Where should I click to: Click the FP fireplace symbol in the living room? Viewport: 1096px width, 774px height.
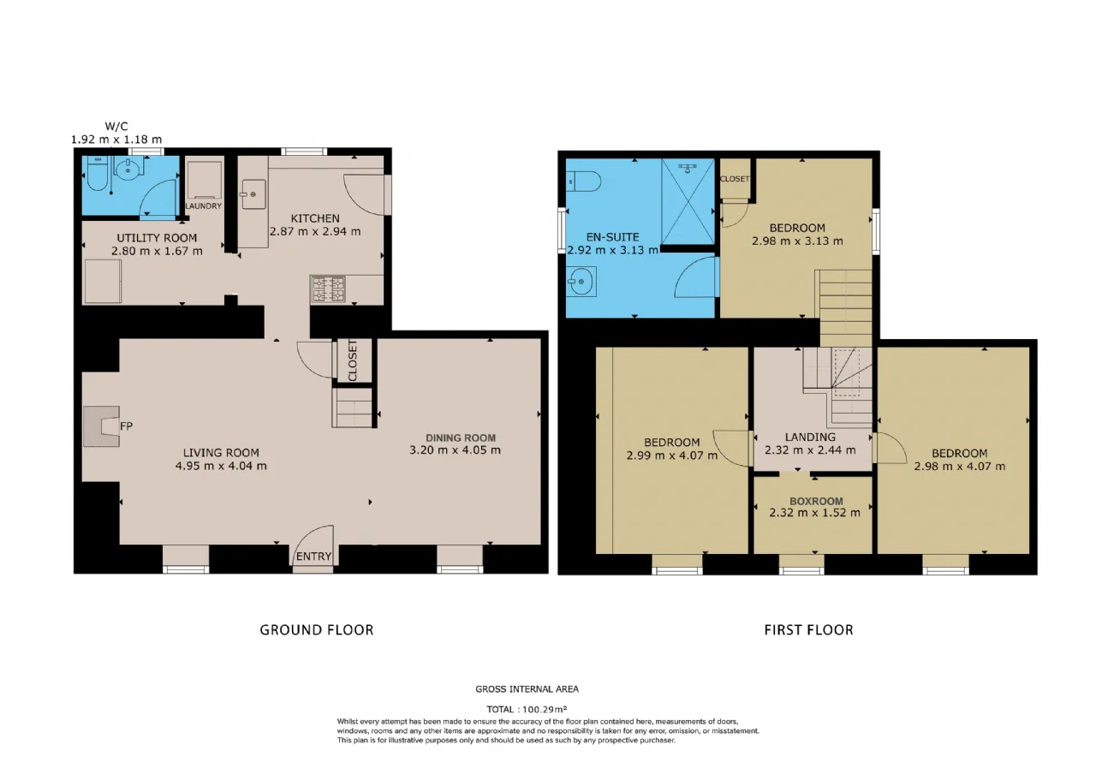click(101, 426)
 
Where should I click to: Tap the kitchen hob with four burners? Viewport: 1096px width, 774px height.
click(328, 289)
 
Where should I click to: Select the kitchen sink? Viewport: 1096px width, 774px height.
click(253, 194)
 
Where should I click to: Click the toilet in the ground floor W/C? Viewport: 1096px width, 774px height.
click(96, 174)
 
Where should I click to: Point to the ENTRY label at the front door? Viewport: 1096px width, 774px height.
click(313, 557)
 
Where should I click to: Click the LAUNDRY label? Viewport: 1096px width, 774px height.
click(204, 206)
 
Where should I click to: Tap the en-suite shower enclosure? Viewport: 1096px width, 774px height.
click(688, 201)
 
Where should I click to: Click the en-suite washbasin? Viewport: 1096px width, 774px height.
click(581, 282)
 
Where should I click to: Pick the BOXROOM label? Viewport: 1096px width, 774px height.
click(816, 501)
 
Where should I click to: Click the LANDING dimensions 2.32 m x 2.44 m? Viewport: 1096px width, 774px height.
click(810, 450)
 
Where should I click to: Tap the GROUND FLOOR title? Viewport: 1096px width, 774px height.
click(317, 630)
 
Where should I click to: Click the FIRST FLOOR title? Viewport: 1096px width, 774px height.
click(809, 630)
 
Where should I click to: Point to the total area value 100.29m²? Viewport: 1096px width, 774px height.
click(545, 710)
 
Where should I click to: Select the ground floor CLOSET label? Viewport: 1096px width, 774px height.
click(353, 360)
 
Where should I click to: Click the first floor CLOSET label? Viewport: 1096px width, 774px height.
click(735, 179)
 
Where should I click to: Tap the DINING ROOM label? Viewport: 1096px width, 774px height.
click(461, 438)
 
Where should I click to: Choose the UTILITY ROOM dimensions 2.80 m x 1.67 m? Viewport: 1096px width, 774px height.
click(157, 251)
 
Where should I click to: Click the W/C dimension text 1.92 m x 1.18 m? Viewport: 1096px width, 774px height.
click(116, 140)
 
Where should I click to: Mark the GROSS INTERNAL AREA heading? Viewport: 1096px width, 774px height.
click(527, 689)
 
